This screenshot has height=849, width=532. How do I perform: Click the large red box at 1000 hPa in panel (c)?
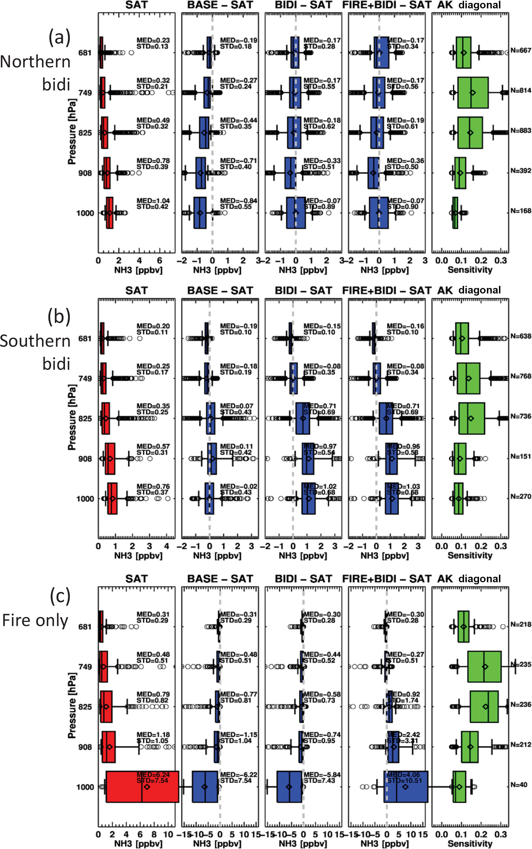(142, 787)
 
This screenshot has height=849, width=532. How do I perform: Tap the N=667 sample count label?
(520, 50)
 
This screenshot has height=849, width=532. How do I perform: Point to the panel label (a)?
(59, 37)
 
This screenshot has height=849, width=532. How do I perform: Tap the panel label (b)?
(59, 317)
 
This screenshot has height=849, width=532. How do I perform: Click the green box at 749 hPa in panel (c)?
(484, 666)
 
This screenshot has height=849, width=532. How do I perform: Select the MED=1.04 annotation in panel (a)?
(153, 200)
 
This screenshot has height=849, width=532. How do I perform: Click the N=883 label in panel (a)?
(520, 130)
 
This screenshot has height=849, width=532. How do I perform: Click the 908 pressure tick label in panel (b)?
(85, 459)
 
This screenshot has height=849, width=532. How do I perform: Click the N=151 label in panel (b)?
(520, 456)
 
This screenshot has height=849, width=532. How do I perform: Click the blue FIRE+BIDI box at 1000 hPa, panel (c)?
(406, 787)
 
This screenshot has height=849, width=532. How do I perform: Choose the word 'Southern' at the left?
(35, 341)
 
